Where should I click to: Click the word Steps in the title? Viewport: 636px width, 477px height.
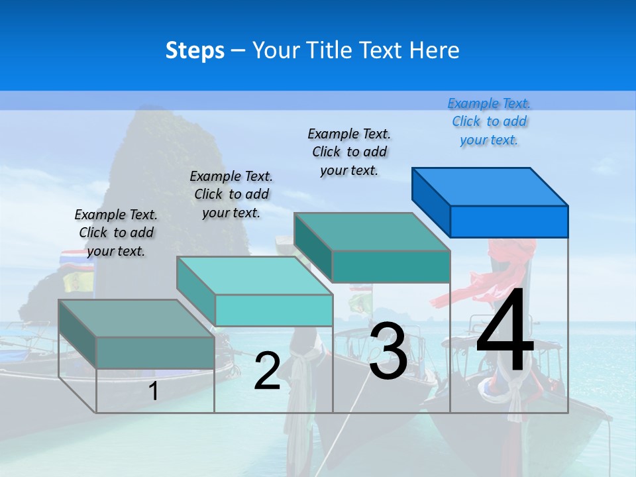click(x=195, y=50)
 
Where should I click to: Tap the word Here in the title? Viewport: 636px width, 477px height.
click(x=435, y=50)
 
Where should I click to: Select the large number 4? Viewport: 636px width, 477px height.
click(x=505, y=331)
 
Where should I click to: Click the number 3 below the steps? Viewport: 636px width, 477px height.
click(x=388, y=350)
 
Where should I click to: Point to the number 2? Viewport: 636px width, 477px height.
click(x=267, y=371)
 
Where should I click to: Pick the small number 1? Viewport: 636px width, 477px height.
click(x=153, y=392)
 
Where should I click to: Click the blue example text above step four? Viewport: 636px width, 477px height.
click(x=489, y=121)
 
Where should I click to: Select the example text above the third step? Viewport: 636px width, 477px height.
click(x=349, y=152)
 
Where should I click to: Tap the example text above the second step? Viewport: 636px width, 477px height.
click(x=231, y=194)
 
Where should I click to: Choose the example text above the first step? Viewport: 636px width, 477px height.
click(x=116, y=233)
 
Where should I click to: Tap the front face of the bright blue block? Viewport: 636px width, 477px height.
click(x=509, y=221)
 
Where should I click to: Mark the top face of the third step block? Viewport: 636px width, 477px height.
click(x=372, y=231)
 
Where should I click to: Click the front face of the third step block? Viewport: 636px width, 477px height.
click(x=391, y=266)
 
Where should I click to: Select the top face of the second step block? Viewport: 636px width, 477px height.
click(x=254, y=275)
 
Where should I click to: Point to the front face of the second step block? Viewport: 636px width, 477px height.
click(x=274, y=310)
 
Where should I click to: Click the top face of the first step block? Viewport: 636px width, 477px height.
click(x=136, y=318)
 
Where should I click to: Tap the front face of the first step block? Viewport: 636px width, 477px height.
click(x=155, y=352)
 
